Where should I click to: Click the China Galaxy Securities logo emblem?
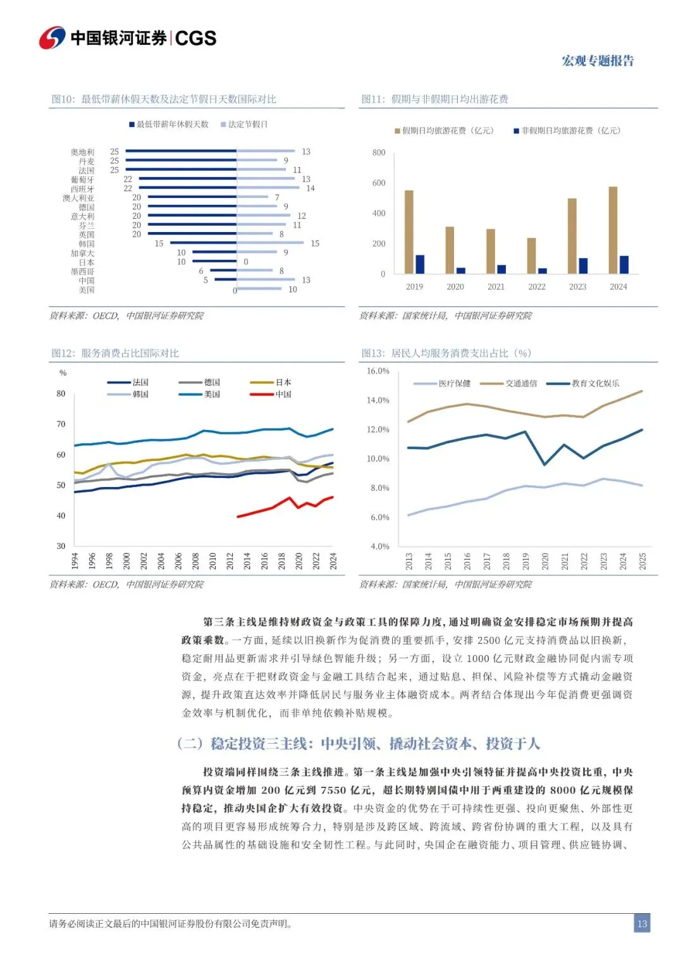52,38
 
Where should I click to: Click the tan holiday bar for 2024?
613,230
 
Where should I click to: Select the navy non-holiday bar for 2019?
420,264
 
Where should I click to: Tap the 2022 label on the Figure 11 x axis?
537,287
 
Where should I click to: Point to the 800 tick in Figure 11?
379,152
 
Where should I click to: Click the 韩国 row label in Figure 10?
87,244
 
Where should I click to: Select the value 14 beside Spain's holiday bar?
311,188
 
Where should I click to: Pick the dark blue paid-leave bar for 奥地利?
181,152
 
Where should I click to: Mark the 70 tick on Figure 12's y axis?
61,424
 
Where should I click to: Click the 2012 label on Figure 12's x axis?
230,561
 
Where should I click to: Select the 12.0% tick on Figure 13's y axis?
378,430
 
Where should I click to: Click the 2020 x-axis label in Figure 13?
545,561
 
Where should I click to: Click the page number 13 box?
642,924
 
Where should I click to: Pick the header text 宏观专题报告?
598,61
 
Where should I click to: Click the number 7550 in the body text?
333,790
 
